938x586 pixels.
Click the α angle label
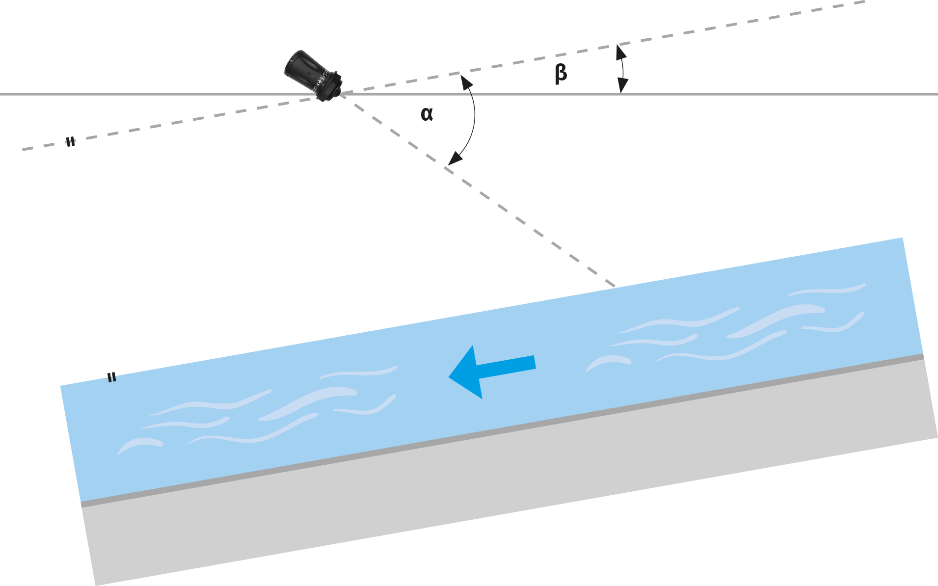click(x=427, y=114)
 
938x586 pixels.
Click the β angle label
click(x=561, y=74)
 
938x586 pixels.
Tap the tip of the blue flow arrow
click(x=450, y=377)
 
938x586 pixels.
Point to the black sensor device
click(x=313, y=75)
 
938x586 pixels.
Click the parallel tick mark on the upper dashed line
click(x=71, y=141)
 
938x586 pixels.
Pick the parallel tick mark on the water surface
click(x=112, y=377)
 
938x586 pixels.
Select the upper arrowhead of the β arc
click(x=620, y=50)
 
